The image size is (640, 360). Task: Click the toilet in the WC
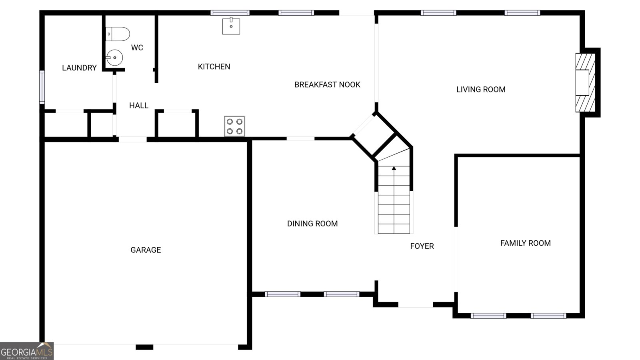coord(118,34)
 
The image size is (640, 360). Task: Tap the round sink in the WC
coord(114,58)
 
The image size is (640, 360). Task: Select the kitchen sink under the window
coord(231,26)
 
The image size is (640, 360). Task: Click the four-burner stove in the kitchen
coord(234,126)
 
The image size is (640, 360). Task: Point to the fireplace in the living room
coord(586,82)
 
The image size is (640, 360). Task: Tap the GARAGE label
coord(146,250)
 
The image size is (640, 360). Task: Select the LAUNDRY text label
coord(80,68)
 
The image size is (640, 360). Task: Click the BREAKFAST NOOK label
coord(328,84)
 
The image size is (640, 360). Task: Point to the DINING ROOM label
coord(312,224)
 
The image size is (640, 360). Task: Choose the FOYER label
coord(422,246)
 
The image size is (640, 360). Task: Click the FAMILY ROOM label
coord(526,243)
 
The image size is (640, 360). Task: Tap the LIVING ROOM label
coord(481,90)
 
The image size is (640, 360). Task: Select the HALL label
coord(138,106)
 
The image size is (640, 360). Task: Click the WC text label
coord(137,48)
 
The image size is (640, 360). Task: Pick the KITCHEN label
coord(214,66)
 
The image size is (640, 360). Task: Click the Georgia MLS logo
coord(27,351)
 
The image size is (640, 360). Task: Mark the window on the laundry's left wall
coord(42,87)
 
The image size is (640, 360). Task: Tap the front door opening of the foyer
coord(416,305)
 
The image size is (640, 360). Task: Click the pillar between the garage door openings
coord(144,347)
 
